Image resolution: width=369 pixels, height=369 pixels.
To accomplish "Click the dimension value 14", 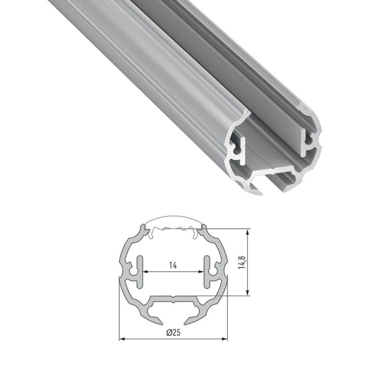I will (173, 265).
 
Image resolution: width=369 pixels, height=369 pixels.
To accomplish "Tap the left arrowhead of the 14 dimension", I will (144, 271).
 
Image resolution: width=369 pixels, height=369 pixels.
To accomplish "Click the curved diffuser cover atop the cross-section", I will (173, 220).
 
